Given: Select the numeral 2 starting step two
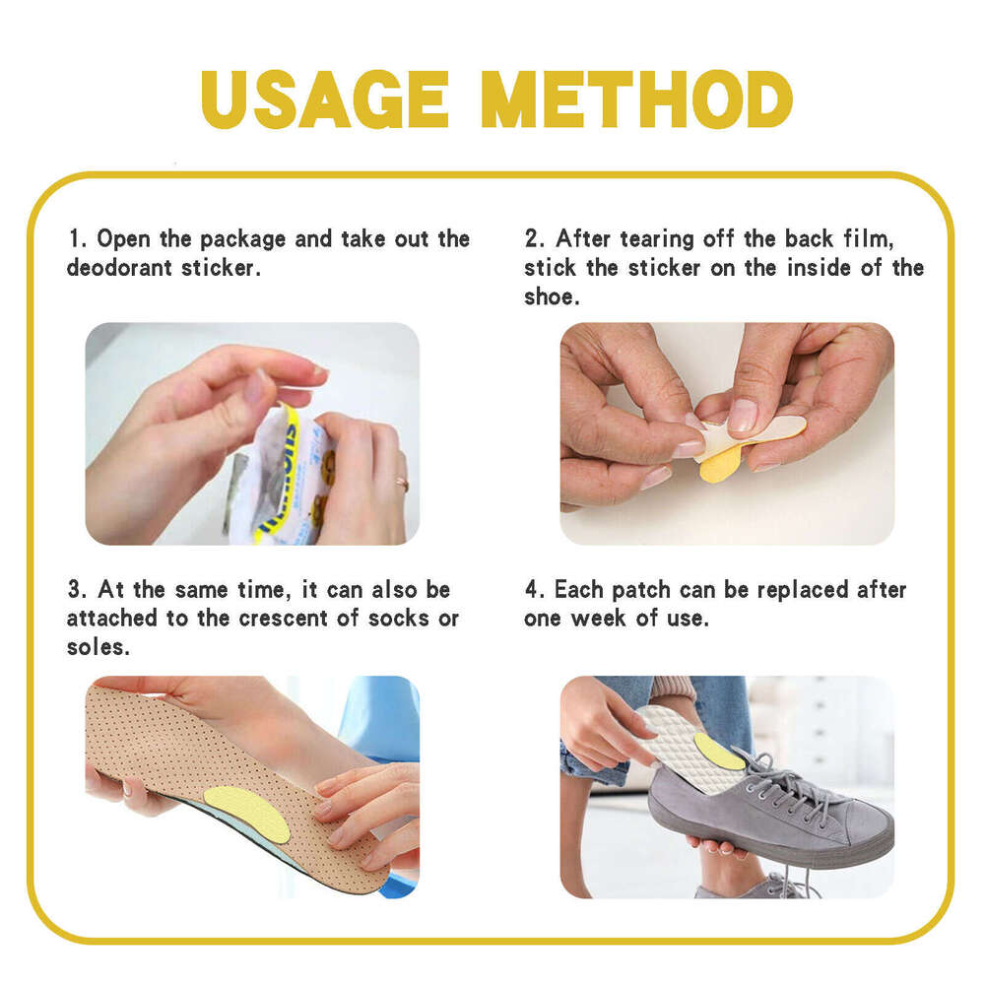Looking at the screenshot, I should pyautogui.click(x=532, y=238).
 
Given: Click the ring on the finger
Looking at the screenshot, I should pyautogui.click(x=402, y=485).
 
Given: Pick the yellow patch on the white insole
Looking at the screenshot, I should pyautogui.click(x=718, y=751).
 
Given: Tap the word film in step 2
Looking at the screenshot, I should pyautogui.click(x=870, y=239).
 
